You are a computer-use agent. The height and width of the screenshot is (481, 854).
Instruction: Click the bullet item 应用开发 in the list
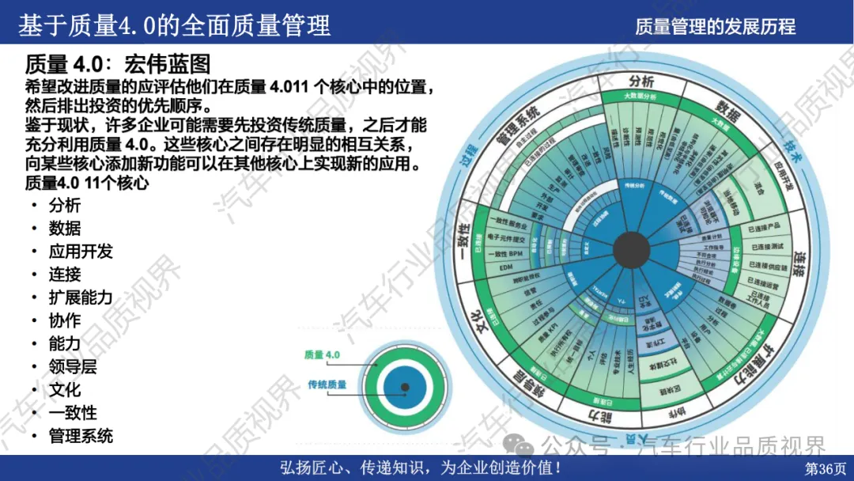point(81,252)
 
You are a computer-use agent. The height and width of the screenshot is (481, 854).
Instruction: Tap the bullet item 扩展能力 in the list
point(81,297)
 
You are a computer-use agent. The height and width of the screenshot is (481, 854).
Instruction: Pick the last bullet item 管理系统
point(81,436)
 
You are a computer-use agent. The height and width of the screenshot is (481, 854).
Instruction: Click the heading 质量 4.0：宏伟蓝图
point(118,64)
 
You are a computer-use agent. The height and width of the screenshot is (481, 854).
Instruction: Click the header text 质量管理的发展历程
point(715,27)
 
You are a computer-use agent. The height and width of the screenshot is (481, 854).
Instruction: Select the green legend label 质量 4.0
point(322,355)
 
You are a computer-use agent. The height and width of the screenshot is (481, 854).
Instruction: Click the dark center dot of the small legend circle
point(405,387)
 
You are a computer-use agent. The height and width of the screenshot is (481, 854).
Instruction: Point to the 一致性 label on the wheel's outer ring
point(466,244)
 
